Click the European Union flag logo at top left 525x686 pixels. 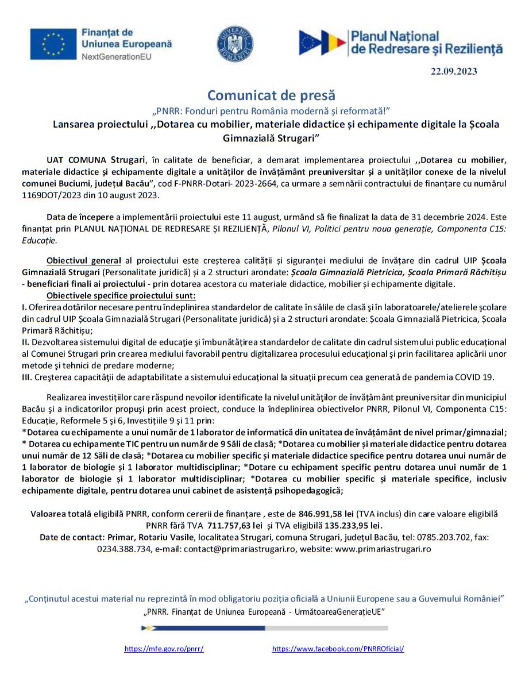click(53, 44)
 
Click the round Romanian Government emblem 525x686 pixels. click(235, 44)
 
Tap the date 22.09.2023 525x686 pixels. click(454, 71)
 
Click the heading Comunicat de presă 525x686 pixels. click(271, 95)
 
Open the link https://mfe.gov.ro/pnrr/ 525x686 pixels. click(164, 649)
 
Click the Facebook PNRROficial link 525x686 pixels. click(338, 649)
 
